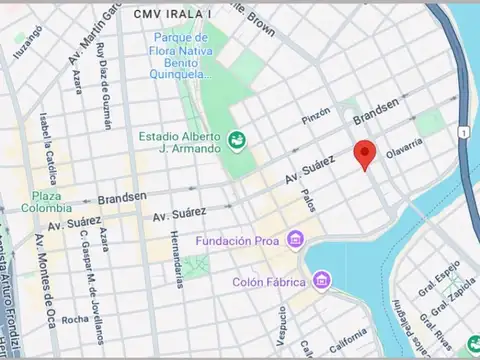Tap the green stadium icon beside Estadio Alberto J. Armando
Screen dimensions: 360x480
[x=236, y=141]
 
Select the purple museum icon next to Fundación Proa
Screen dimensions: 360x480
[x=295, y=240]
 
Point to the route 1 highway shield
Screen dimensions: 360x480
[x=464, y=133]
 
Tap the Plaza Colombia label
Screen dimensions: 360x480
[x=51, y=201]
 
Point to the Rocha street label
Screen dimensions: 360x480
[x=74, y=320]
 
